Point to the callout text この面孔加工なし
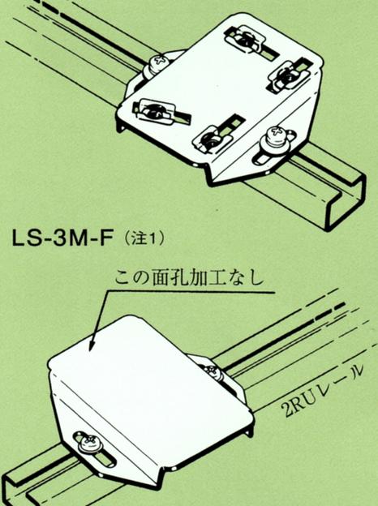click(x=190, y=279)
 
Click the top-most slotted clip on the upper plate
click(x=247, y=40)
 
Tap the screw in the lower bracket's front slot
click(x=90, y=444)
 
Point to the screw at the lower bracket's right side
click(x=213, y=373)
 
